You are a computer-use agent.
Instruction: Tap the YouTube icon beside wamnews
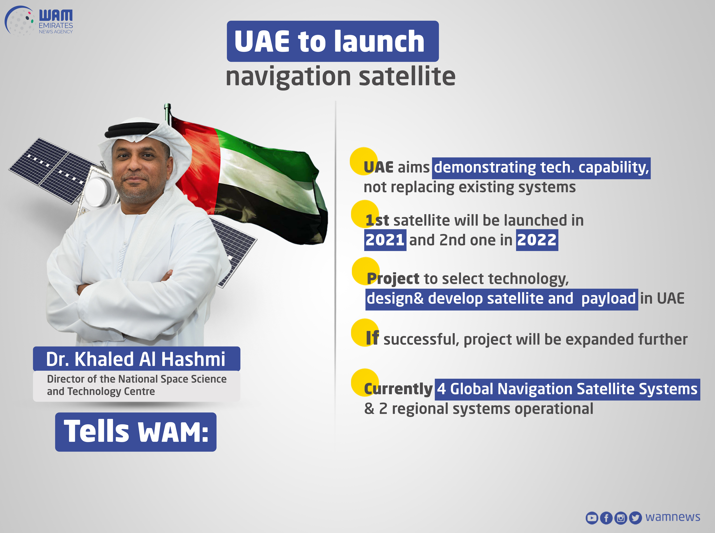click(x=592, y=518)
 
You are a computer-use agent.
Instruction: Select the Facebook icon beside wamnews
click(x=606, y=518)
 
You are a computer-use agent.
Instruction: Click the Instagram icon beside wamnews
click(x=621, y=518)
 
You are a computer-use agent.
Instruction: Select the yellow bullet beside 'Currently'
click(x=365, y=382)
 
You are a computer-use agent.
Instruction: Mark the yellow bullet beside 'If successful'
click(x=365, y=332)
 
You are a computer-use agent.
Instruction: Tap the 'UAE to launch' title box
click(x=333, y=41)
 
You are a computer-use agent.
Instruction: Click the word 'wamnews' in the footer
click(x=673, y=517)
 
